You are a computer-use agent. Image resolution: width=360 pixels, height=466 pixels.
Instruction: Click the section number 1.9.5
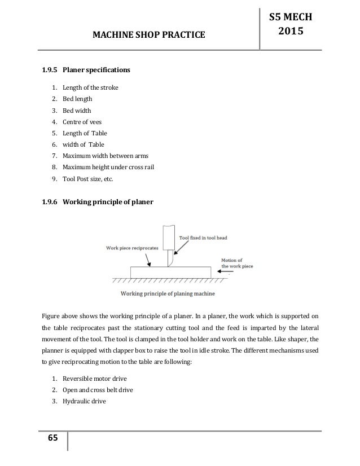click(49, 71)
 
